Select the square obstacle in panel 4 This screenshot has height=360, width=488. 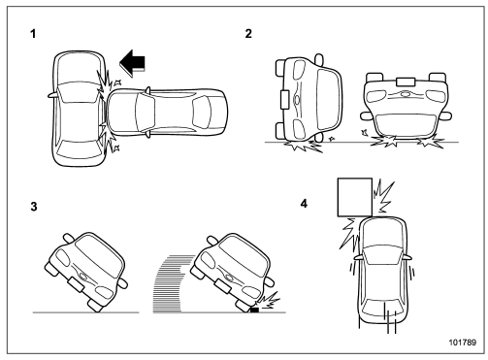pyautogui.click(x=352, y=196)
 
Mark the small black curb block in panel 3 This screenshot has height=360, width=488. pyautogui.click(x=254, y=310)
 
